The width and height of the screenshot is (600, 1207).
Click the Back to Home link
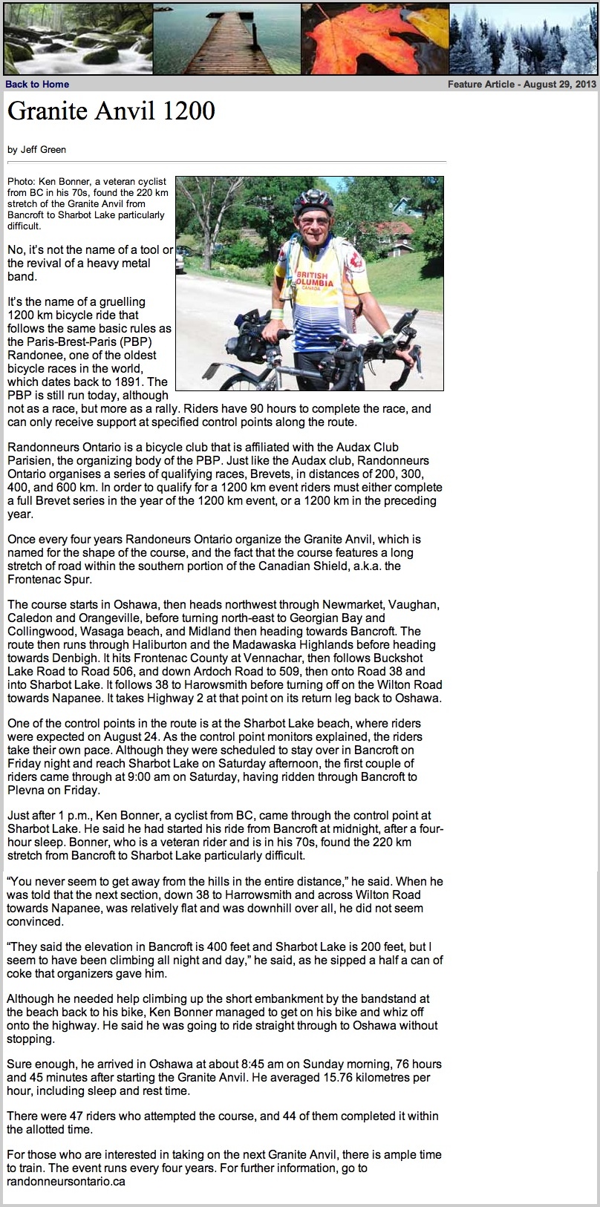click(37, 85)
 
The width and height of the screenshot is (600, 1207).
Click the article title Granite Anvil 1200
click(111, 111)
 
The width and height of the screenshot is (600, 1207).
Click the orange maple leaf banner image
click(375, 39)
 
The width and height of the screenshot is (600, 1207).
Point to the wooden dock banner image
click(226, 39)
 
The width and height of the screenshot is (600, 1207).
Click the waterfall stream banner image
click(77, 39)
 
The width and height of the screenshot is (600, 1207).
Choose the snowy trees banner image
click(523, 39)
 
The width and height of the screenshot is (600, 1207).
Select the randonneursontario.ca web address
click(66, 1182)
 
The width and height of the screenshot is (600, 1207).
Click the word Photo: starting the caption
click(21, 181)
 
